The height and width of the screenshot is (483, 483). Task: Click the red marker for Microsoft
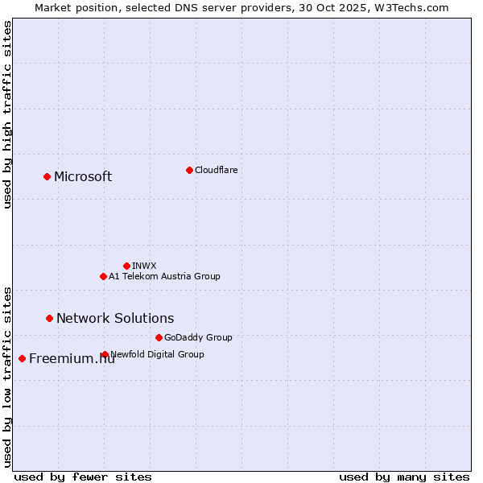pos(47,176)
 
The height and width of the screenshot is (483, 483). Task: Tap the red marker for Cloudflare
pos(189,170)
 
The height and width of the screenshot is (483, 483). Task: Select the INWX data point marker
pos(126,266)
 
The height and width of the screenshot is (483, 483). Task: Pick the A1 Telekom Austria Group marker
pos(103,276)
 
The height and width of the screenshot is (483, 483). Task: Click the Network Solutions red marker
pos(49,318)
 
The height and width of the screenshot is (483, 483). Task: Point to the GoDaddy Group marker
pos(159,337)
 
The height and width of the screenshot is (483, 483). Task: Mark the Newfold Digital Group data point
pos(105,354)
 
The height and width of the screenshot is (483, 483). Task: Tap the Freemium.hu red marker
pos(22,358)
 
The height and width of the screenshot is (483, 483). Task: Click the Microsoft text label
pos(83,177)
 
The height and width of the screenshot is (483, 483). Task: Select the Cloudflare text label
pos(216,170)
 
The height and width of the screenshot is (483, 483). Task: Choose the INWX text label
pos(144,266)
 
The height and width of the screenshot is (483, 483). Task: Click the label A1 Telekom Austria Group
pos(164,276)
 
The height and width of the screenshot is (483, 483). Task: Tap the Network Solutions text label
pos(115,319)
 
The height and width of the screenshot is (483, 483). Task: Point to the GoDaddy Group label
pos(198,337)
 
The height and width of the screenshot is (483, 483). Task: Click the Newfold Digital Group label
pos(157,354)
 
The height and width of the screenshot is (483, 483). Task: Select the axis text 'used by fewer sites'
pos(83,477)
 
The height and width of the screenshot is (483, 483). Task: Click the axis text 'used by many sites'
pos(404,477)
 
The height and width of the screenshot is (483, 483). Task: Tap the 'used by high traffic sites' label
pos(7,114)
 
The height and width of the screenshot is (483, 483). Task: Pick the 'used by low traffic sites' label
pos(7,376)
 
